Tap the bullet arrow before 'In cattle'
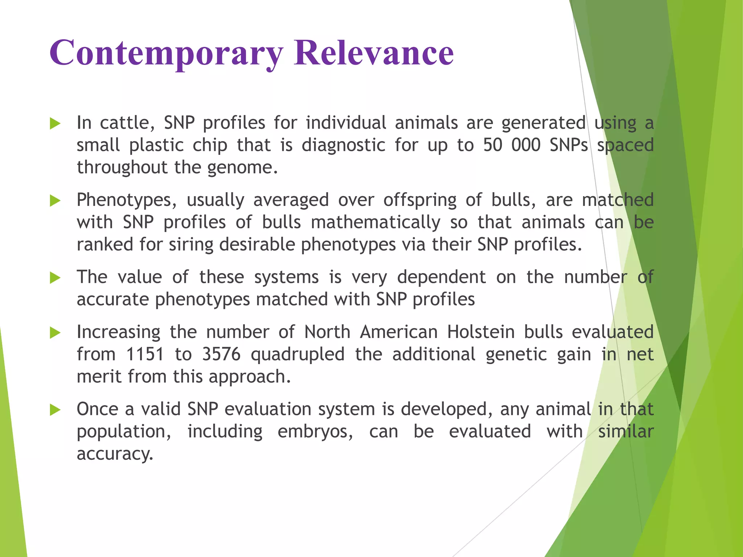(x=55, y=123)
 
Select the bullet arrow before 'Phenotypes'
(x=55, y=200)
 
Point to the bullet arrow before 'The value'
(x=55, y=278)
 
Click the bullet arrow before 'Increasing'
(x=55, y=333)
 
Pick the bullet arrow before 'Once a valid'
(x=55, y=410)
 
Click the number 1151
(x=145, y=354)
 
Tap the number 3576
(x=221, y=354)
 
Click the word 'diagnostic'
(x=344, y=145)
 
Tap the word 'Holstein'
(x=481, y=332)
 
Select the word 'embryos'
(x=315, y=432)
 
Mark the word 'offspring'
(x=420, y=201)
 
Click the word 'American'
(x=399, y=332)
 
